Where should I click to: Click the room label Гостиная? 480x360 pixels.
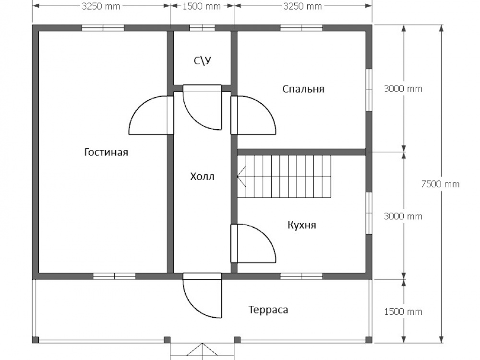(106, 152)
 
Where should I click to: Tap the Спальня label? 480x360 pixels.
(303, 89)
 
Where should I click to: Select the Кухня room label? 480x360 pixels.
(302, 225)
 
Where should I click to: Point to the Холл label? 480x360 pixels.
(202, 176)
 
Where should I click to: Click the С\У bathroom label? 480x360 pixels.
(203, 61)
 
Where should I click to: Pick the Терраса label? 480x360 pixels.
(268, 310)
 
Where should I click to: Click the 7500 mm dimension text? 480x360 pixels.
(441, 184)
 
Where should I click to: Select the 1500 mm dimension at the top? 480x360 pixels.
(202, 6)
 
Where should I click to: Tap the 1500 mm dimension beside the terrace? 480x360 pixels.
(403, 312)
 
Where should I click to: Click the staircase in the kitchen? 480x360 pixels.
(284, 177)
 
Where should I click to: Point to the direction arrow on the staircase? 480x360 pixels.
(242, 176)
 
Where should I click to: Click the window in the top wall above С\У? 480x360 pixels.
(202, 28)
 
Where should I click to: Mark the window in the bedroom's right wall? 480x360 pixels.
(369, 90)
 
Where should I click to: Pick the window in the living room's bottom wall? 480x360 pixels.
(114, 276)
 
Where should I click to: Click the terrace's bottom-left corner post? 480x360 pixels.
(36, 340)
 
